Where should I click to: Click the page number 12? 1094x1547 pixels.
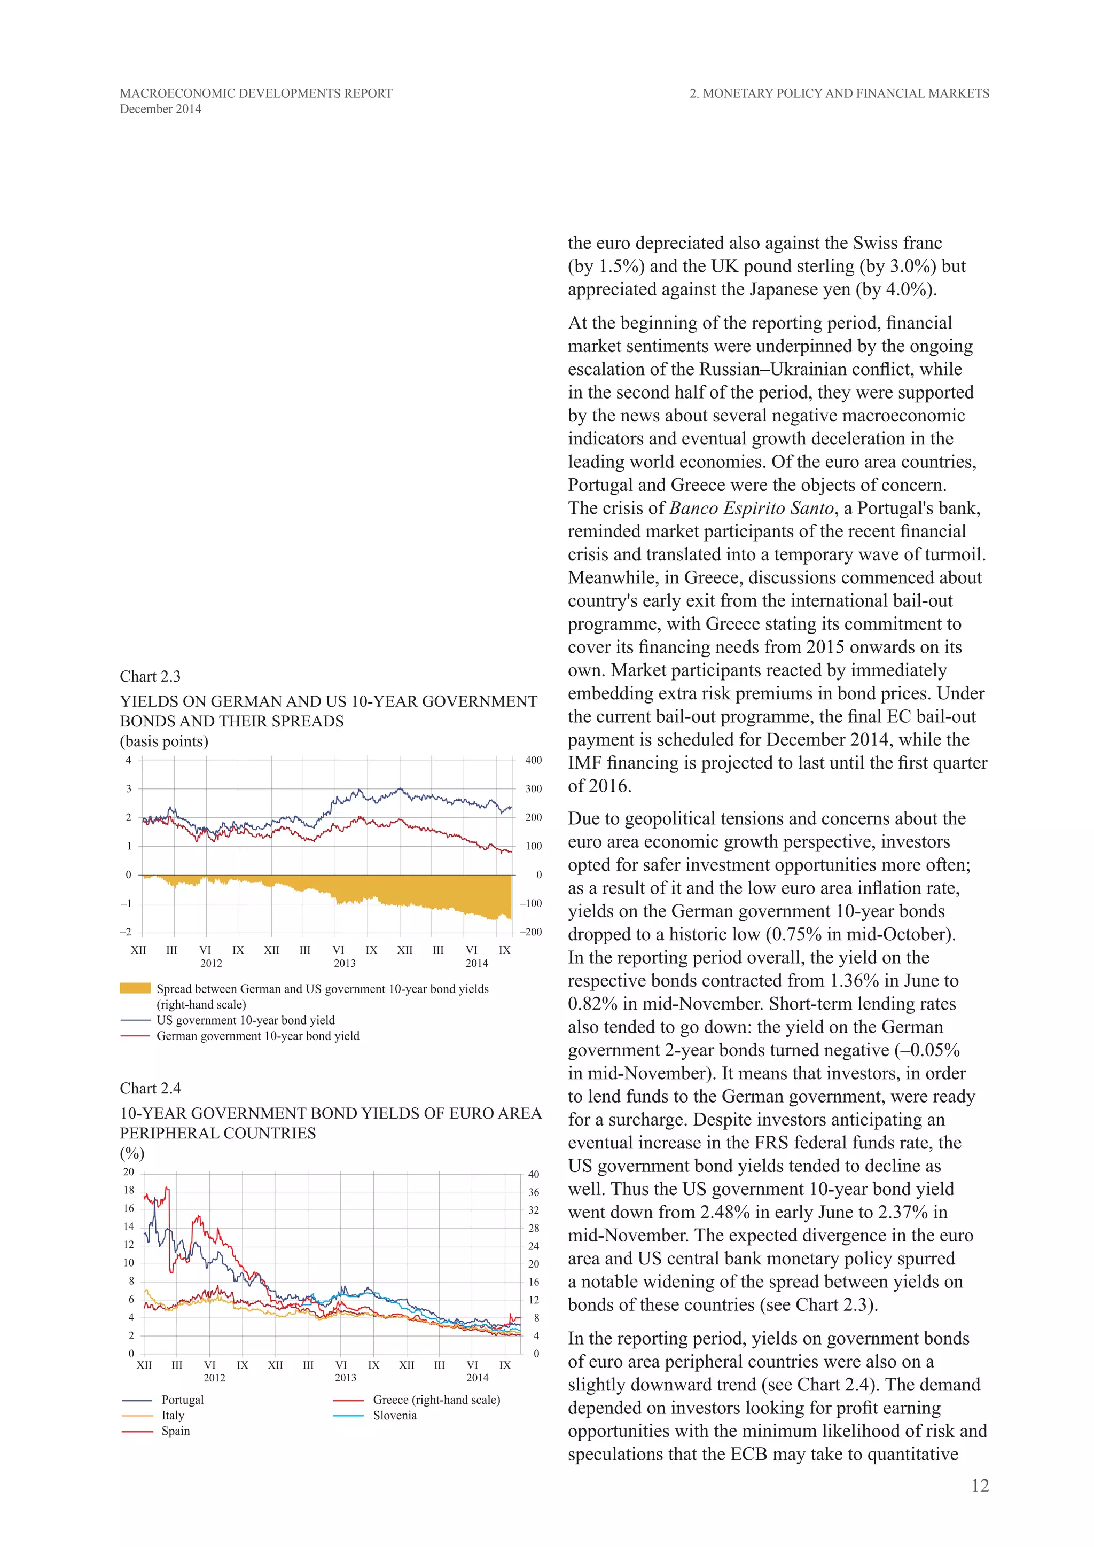980,1486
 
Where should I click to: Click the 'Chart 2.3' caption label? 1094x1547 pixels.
150,676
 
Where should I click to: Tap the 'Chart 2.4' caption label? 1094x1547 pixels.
150,1088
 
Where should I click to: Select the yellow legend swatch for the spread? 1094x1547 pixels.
135,988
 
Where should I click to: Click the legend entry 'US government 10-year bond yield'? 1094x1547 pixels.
245,1020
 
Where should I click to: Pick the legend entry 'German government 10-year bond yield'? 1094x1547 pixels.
257,1036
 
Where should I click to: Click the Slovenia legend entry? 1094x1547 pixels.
394,1415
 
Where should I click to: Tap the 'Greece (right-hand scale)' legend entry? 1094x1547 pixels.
436,1400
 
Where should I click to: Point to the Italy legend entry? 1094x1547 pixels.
173,1415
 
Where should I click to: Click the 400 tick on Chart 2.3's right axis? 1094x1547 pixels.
533,760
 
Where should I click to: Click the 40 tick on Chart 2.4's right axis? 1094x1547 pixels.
534,1174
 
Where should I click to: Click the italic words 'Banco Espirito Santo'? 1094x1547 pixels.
751,508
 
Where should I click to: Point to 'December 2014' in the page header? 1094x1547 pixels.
160,109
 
